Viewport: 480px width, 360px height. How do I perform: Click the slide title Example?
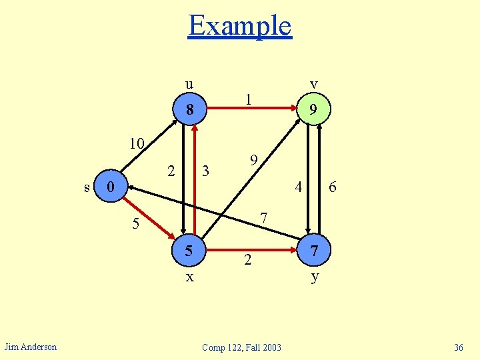coord(240,26)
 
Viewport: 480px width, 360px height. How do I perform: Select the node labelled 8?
coord(190,109)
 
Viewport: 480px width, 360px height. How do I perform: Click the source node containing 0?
coord(112,186)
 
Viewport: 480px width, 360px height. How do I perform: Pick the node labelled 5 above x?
coord(189,251)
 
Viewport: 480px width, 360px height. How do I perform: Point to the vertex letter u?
coord(189,84)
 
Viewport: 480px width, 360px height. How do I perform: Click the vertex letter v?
coord(313,84)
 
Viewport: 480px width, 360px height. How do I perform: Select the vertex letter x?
coord(189,277)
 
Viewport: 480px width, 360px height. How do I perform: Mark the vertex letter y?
coord(314,277)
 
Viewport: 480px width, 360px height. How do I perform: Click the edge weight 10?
coord(137,144)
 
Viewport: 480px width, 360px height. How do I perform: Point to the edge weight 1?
coord(248,99)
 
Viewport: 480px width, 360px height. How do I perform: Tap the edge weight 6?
coord(332,189)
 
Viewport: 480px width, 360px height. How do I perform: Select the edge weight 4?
coord(299,187)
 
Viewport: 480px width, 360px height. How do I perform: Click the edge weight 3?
coord(206,171)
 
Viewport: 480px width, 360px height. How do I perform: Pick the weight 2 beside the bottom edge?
coord(247,260)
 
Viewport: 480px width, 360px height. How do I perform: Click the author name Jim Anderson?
coord(31,346)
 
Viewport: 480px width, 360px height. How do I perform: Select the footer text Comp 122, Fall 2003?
coord(241,347)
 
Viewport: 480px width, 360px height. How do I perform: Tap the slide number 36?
coord(458,347)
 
